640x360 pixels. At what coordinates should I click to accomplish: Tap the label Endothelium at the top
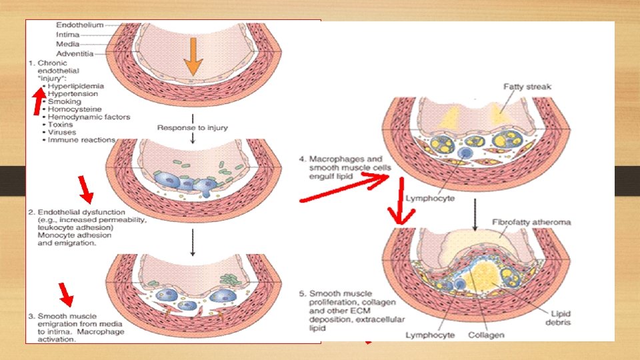pyautogui.click(x=79, y=25)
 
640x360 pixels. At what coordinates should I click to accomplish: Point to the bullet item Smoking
pyautogui.click(x=64, y=102)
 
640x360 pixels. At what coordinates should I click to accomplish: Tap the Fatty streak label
pyautogui.click(x=529, y=86)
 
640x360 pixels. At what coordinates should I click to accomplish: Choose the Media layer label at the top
pyautogui.click(x=69, y=43)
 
